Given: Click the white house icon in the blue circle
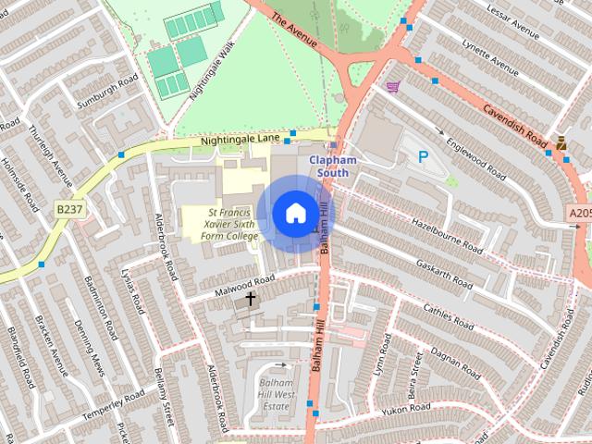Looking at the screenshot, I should [294, 213].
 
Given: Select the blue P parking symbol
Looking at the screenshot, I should [424, 157].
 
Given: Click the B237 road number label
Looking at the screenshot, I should [68, 210].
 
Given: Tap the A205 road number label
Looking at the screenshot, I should [579, 214].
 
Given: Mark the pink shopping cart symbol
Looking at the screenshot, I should [393, 87].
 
